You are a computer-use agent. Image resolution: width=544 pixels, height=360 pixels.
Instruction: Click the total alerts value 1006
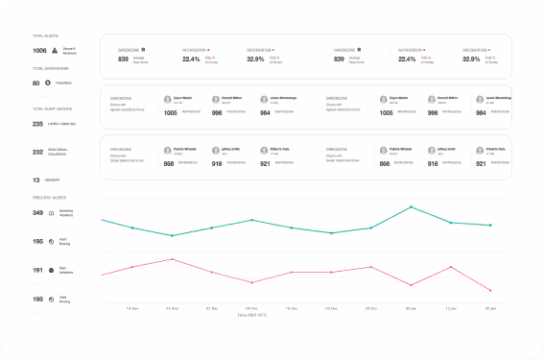tap(39, 51)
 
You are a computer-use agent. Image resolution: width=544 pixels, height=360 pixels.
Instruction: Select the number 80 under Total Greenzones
tap(36, 83)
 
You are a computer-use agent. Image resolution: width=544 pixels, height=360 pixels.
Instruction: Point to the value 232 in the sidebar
tap(38, 152)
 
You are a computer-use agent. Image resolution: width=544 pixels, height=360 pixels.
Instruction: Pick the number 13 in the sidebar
tap(36, 180)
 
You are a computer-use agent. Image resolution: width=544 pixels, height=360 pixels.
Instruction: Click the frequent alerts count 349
tap(38, 212)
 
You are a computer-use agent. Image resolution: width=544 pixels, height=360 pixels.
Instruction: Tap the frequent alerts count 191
tap(38, 271)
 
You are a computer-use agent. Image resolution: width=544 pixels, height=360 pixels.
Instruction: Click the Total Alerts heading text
tap(46, 36)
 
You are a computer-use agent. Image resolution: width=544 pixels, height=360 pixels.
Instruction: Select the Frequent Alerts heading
tap(50, 197)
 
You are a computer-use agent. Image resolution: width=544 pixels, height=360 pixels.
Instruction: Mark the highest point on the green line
tap(412, 206)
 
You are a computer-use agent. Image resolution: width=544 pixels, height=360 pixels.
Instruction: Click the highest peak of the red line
tap(171, 259)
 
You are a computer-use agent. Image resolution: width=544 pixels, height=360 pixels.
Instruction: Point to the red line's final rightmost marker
tap(491, 290)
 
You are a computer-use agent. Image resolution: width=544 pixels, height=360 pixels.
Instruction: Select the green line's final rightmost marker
tap(491, 226)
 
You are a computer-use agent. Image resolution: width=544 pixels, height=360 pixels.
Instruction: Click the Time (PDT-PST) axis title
tap(251, 314)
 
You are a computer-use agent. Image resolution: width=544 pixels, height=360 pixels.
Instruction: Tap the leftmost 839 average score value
tap(124, 59)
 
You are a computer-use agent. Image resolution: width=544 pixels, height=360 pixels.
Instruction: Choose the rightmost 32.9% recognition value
tap(471, 59)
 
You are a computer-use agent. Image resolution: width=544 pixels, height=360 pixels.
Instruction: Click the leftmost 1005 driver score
tap(116, 112)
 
